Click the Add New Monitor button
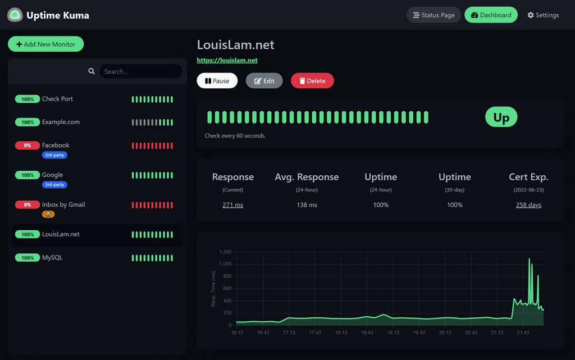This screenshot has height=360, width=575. point(45,44)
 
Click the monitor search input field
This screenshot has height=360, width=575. point(140,71)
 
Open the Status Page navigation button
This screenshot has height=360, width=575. point(433,15)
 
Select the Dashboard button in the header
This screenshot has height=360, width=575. point(491,15)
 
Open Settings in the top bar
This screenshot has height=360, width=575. point(543,15)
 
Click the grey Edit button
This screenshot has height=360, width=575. point(264,81)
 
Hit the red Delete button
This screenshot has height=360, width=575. point(312,81)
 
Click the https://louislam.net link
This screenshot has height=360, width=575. point(227,60)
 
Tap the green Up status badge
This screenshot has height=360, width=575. point(501,117)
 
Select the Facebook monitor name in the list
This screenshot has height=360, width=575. point(56,145)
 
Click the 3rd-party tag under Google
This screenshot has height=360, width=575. point(54,184)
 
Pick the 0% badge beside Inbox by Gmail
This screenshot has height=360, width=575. point(27,205)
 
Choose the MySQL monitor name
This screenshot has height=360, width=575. point(52,258)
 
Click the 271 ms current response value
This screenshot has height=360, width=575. point(232,205)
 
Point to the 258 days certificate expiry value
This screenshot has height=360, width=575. point(528,205)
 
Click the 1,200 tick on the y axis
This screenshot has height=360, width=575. point(225,252)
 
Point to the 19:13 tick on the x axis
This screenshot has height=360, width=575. point(393,332)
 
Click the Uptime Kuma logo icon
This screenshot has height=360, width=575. point(15,15)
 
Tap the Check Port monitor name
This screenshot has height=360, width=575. point(57,99)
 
